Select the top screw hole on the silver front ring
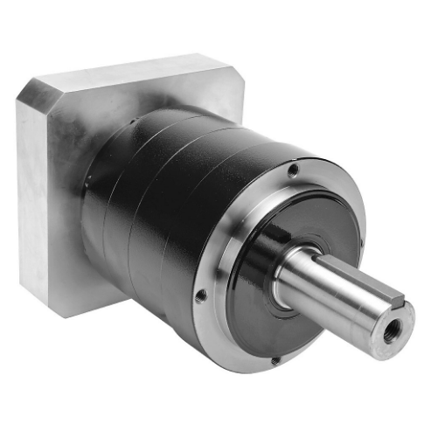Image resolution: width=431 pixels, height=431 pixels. coord(293,170)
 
